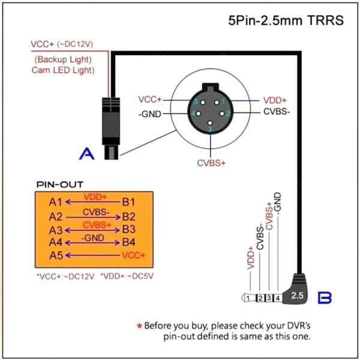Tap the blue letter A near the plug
pos(88,154)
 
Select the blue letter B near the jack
pos(325,296)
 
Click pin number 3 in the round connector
pos(209,128)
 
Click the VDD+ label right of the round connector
pos(275,100)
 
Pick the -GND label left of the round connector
pos(149,114)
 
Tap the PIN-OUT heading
pos(60,184)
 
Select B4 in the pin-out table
pos(129,243)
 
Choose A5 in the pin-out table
pos(56,256)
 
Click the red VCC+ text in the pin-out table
pos(133,256)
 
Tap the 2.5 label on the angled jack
pos(298,295)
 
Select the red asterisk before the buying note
pos(139,326)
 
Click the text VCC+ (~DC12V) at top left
pos(62,44)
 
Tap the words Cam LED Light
pos(63,70)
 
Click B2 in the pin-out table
pos(129,216)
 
